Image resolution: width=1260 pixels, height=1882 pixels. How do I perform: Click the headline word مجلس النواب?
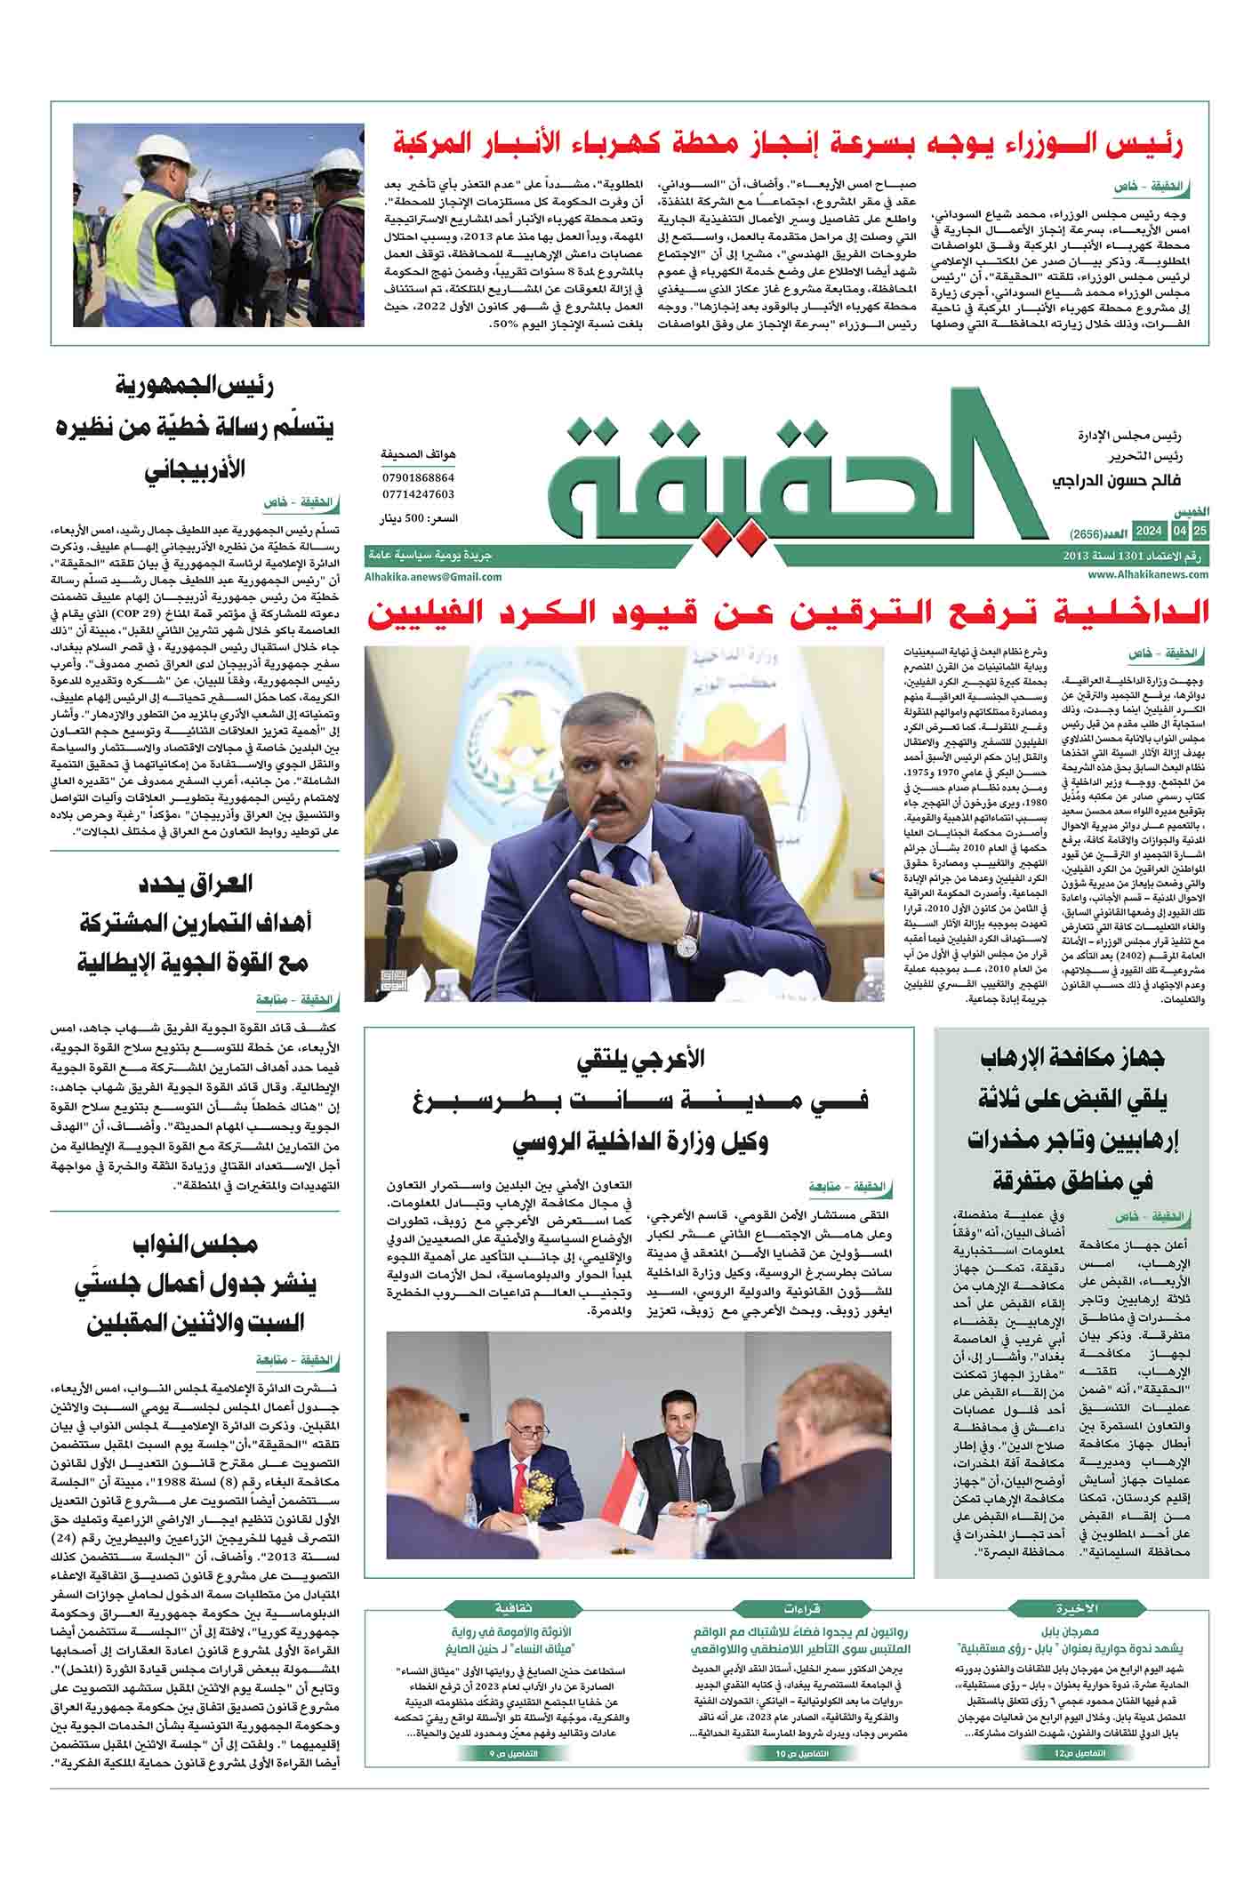pos(194,1245)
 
